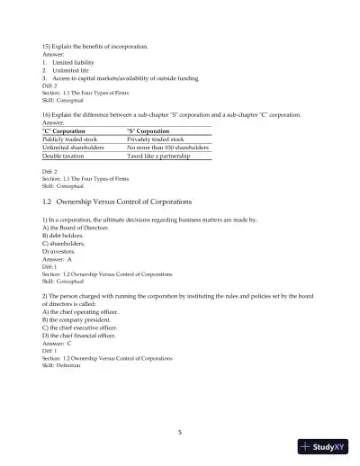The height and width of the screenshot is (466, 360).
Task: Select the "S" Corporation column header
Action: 150,131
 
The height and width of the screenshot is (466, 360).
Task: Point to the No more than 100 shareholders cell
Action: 168,148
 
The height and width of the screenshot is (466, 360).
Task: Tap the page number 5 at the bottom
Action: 180,432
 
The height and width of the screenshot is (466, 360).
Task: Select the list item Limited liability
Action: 74,62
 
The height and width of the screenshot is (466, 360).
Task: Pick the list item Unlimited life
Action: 71,70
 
